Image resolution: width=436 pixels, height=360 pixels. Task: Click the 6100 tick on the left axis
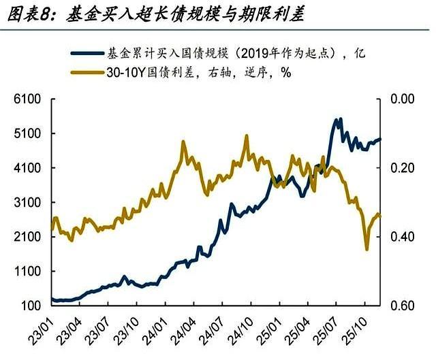click(x=25, y=99)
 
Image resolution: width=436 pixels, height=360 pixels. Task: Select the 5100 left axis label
click(x=25, y=133)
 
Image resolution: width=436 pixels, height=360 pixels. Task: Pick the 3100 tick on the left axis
click(x=25, y=203)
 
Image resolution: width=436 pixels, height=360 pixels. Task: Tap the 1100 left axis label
click(x=25, y=272)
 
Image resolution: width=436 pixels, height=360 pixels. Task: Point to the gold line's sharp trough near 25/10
click(x=367, y=249)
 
